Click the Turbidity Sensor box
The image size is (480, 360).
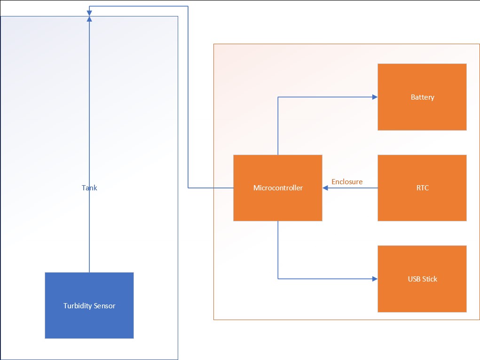(89, 305)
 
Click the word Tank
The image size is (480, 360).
(89, 188)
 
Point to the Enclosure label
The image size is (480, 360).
(347, 181)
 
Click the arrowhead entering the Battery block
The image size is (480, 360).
(375, 97)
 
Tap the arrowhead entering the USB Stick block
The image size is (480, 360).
(375, 279)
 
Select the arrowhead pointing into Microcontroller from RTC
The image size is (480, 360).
(325, 188)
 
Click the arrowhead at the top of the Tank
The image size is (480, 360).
(89, 18)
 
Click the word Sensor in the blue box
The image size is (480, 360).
(104, 306)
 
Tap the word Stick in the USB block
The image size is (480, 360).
(430, 279)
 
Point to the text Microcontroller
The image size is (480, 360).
(278, 188)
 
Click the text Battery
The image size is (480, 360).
(422, 97)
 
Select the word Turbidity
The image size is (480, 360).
(77, 306)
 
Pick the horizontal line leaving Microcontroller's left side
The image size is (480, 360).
(212, 188)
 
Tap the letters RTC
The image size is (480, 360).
(422, 188)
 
